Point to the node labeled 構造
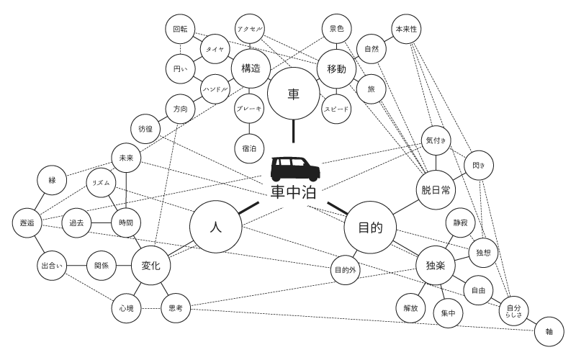pyautogui.click(x=251, y=69)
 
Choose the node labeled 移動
pyautogui.click(x=336, y=69)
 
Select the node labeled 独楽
pyautogui.click(x=436, y=266)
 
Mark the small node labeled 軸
pyautogui.click(x=549, y=332)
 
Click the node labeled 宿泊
pyautogui.click(x=251, y=148)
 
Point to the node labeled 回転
pyautogui.click(x=180, y=30)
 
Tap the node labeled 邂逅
pyautogui.click(x=27, y=223)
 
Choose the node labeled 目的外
pyautogui.click(x=345, y=271)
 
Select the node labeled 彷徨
pyautogui.click(x=145, y=129)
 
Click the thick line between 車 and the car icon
pyautogui.click(x=293, y=132)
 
